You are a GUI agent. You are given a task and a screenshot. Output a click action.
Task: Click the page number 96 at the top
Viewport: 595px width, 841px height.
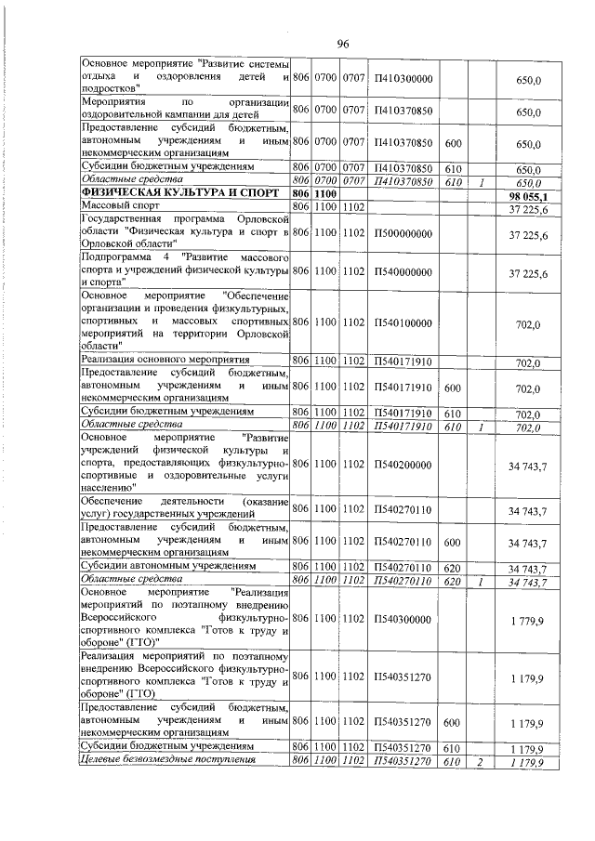pos(342,45)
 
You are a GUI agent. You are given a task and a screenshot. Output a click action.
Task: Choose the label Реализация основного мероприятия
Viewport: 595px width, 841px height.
pos(165,360)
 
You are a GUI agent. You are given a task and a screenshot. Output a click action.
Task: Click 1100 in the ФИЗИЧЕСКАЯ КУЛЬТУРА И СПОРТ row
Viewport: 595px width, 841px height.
pos(323,194)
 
